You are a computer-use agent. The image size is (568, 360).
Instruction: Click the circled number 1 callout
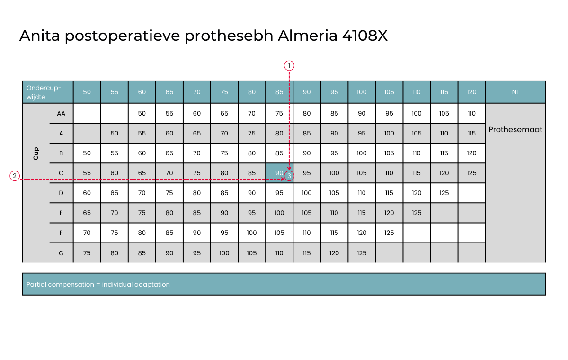289,66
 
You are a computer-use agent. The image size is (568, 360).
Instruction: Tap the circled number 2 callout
15,176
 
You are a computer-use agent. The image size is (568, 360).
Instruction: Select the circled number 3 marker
289,176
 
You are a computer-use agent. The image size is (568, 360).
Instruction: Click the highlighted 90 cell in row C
279,173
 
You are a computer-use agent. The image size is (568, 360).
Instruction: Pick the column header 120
471,92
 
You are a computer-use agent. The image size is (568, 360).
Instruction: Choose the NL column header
515,92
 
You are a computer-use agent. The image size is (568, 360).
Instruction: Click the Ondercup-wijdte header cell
48,92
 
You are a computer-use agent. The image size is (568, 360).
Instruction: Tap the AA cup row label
61,113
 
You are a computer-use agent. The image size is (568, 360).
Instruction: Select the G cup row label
61,253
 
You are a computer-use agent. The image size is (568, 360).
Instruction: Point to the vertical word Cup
36,153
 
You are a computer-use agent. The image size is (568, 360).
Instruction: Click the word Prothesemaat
515,130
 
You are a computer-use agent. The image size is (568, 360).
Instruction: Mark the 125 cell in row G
362,253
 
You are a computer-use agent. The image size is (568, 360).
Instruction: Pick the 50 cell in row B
87,153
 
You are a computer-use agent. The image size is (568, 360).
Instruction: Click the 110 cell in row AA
471,113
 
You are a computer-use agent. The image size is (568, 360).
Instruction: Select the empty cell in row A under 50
87,133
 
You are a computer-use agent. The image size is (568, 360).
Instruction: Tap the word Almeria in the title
307,36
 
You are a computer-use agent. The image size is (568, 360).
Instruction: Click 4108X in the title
364,36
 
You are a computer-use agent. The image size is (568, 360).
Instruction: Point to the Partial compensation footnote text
98,284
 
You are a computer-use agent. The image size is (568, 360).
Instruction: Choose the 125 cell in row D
444,193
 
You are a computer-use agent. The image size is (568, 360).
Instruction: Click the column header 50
87,92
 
